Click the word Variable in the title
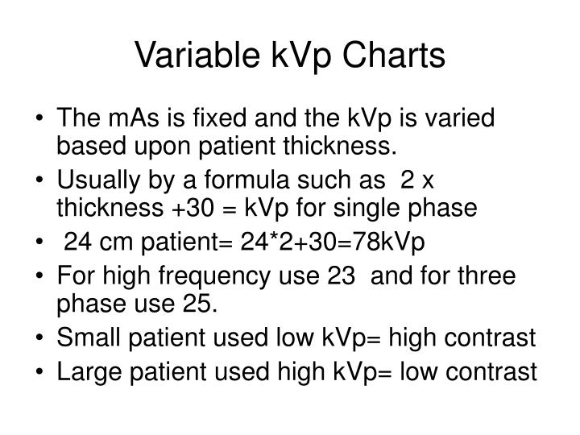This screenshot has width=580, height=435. click(184, 56)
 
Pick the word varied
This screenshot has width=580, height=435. click(463, 118)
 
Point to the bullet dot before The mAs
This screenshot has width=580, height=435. click(41, 119)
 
